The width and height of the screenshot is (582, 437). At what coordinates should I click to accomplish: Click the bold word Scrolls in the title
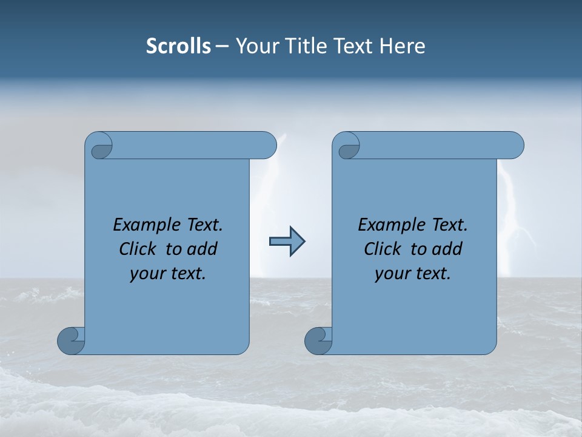click(179, 46)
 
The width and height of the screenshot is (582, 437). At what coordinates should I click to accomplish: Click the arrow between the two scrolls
click(287, 242)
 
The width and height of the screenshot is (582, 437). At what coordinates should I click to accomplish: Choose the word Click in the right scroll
click(382, 249)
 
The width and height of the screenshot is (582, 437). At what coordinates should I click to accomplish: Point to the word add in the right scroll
click(447, 249)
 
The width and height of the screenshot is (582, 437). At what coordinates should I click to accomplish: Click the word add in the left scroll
click(202, 249)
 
